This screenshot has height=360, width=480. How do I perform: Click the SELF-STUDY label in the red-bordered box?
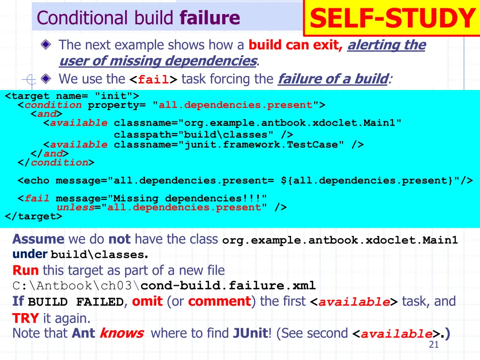[x=392, y=19]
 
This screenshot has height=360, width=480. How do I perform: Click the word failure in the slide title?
[x=210, y=18]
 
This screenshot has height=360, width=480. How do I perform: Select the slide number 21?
[x=433, y=345]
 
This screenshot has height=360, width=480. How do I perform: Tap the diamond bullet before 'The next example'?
[x=45, y=45]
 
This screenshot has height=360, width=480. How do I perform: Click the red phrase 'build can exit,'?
[x=296, y=45]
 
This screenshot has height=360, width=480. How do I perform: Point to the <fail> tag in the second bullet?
[x=153, y=79]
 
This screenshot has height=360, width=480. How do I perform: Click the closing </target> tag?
[x=33, y=216]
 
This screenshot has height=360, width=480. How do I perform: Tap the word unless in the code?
[x=75, y=207]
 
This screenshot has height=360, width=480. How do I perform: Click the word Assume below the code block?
[x=38, y=239]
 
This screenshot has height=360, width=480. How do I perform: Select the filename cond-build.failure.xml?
[x=228, y=285]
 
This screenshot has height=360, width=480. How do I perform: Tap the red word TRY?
[x=25, y=319]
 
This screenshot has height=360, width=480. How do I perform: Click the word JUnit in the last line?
[x=250, y=333]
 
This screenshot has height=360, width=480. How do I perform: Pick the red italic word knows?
[x=121, y=333]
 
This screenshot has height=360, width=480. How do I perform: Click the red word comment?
[x=219, y=301]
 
